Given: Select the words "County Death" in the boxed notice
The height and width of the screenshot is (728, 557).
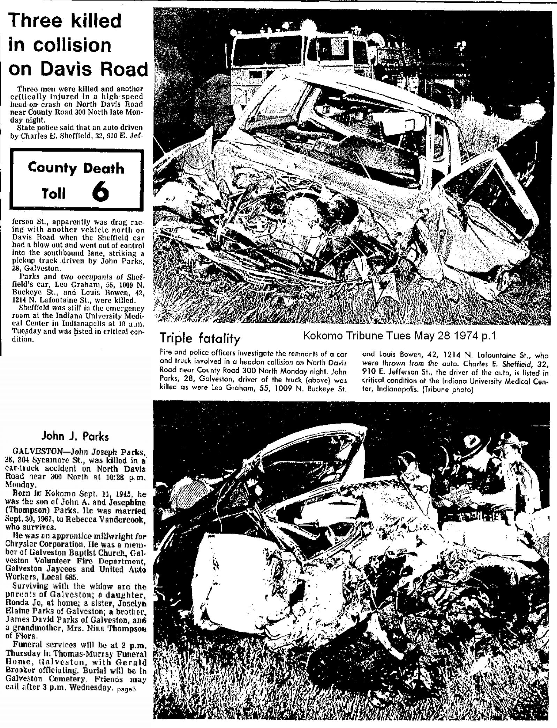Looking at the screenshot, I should [76, 168].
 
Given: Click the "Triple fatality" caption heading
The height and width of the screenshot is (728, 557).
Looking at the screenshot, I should [200, 339].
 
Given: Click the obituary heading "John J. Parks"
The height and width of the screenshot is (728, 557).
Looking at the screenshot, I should [75, 437].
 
